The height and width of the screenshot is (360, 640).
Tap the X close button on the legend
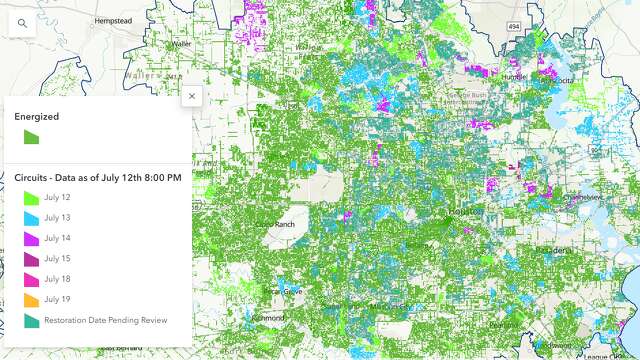pyautogui.click(x=192, y=96)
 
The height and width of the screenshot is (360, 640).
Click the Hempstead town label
pyautogui.click(x=113, y=20)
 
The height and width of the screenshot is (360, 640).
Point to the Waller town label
pyautogui.click(x=181, y=44)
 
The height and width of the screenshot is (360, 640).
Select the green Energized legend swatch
pyautogui.click(x=31, y=138)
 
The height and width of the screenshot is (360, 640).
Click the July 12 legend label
pyautogui.click(x=58, y=198)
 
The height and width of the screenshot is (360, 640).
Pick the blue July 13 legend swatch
pyautogui.click(x=31, y=218)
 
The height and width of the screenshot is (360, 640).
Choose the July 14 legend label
pyautogui.click(x=58, y=238)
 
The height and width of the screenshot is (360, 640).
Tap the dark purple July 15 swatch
pyautogui.click(x=31, y=259)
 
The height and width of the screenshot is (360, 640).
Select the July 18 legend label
pyautogui.click(x=58, y=279)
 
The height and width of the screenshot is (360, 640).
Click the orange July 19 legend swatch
pyautogui.click(x=31, y=299)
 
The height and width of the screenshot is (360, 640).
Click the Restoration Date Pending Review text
pyautogui.click(x=105, y=320)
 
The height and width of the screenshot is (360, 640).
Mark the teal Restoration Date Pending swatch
pyautogui.click(x=31, y=320)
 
